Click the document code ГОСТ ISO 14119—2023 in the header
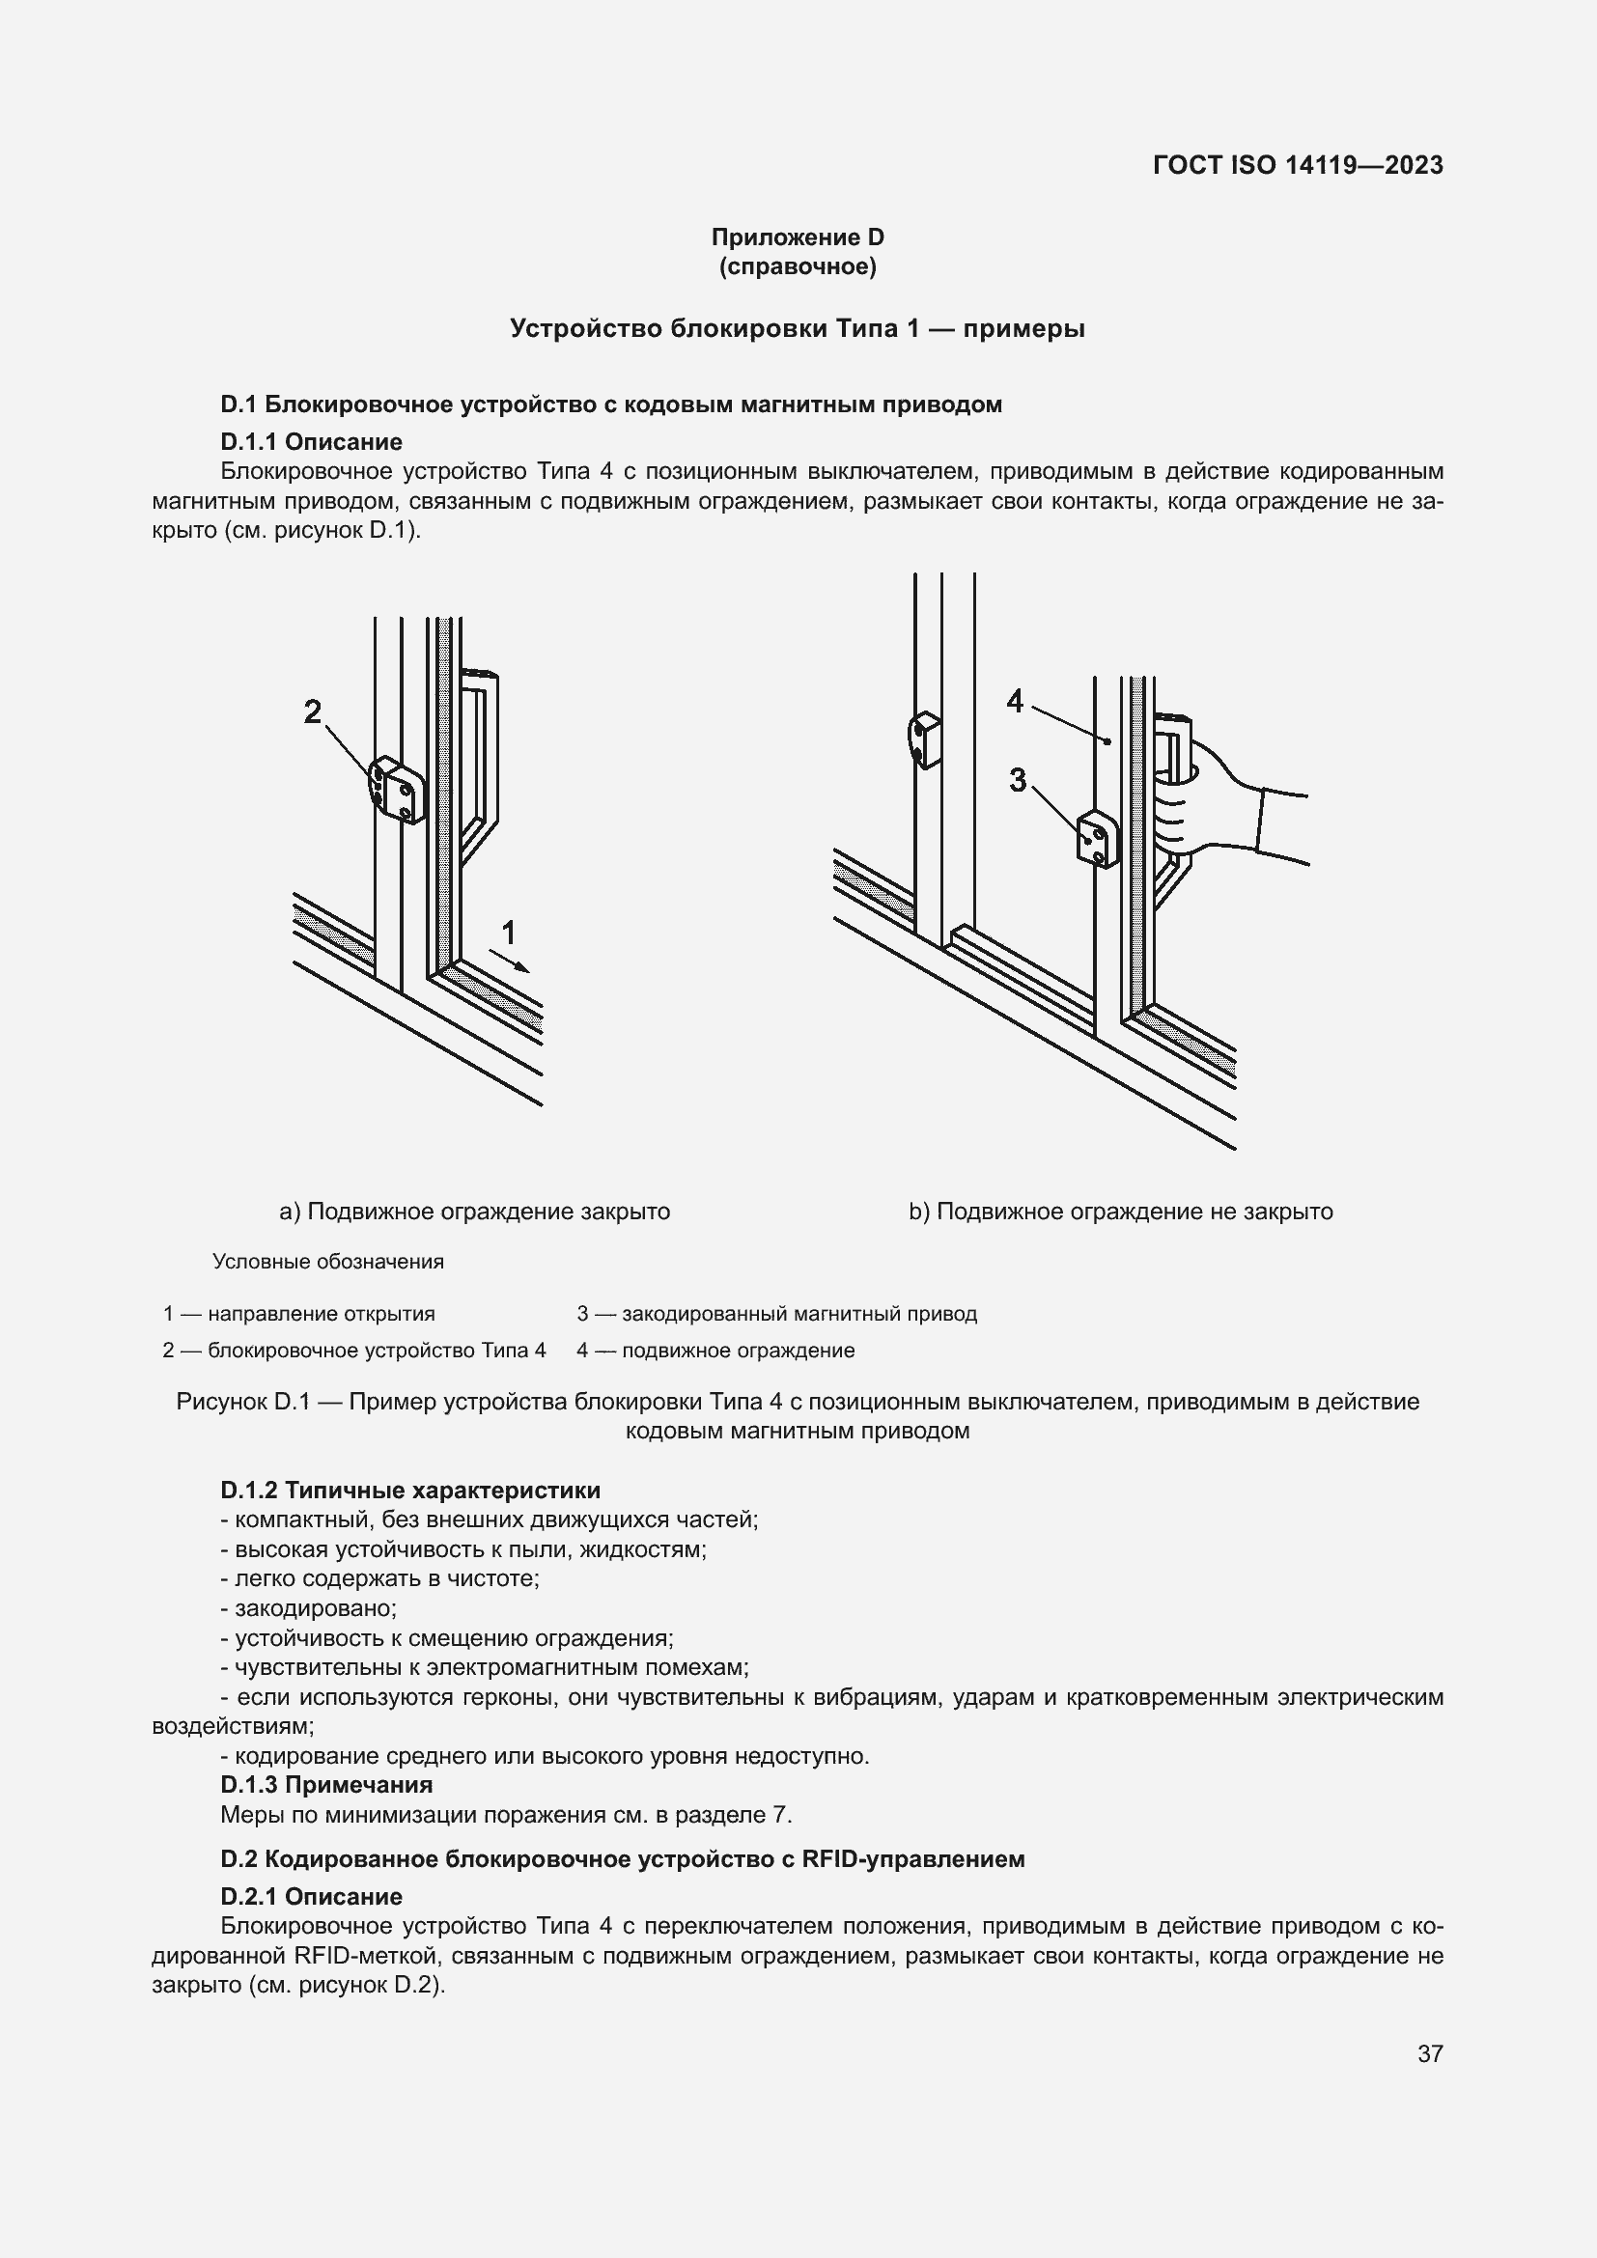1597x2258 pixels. coord(1297,165)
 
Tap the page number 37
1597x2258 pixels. coord(1430,2053)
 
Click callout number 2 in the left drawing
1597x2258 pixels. coord(313,711)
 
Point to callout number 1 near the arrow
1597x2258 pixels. coord(509,932)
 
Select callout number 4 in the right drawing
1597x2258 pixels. coord(1016,701)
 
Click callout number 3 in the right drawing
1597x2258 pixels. coord(1018,780)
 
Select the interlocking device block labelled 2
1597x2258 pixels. coord(397,789)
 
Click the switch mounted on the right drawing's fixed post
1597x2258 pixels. coord(923,739)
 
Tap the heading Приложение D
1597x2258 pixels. coord(798,237)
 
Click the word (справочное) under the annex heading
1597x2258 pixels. coord(798,266)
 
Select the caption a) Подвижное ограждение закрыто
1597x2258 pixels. coord(475,1212)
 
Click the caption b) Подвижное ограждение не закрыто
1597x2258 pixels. coord(1120,1212)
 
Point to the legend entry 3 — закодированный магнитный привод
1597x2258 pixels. coord(777,1314)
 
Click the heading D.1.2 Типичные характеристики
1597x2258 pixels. coord(410,1490)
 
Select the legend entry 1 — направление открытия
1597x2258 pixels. coord(299,1314)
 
